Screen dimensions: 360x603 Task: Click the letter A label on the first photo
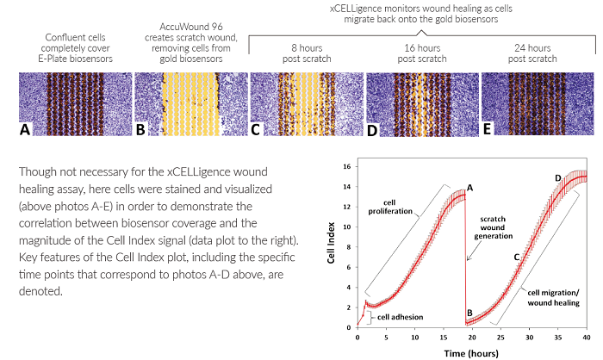[27, 131]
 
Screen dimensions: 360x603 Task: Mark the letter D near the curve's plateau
[558, 178]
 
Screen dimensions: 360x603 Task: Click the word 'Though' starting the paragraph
[36, 171]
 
